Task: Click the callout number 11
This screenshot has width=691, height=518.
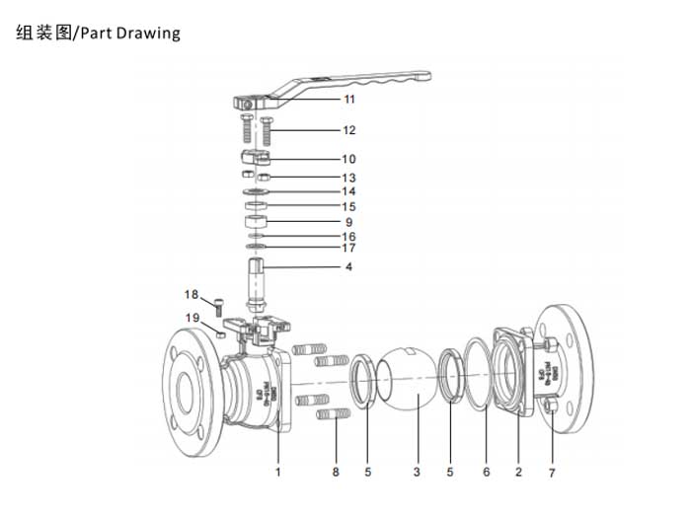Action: click(348, 100)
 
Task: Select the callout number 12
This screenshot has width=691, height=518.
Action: click(348, 130)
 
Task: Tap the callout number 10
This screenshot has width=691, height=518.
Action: click(348, 159)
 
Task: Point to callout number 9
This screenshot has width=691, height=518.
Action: click(348, 222)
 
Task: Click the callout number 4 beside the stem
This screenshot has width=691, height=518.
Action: click(348, 266)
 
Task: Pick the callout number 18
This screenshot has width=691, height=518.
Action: click(192, 294)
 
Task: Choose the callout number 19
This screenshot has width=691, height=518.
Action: click(192, 317)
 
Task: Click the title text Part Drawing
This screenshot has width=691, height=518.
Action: click(131, 33)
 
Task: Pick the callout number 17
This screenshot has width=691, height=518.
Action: click(348, 249)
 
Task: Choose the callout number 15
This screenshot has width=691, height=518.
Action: click(348, 206)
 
